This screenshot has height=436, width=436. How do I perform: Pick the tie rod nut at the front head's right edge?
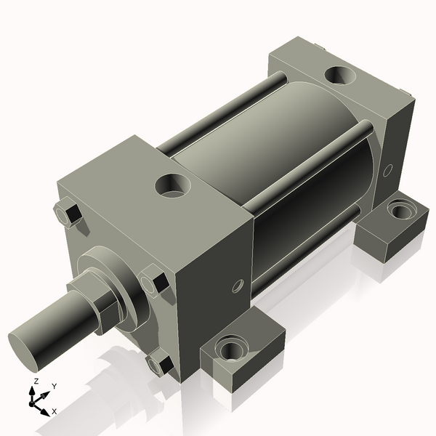[155, 282]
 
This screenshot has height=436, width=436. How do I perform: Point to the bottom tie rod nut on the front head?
[160, 363]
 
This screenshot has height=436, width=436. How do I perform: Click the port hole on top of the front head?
[173, 185]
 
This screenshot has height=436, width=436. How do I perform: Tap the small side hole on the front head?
[235, 287]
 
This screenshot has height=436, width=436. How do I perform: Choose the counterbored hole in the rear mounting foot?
[398, 211]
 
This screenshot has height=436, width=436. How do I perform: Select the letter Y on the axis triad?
[54, 387]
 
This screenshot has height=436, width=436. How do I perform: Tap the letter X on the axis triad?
[54, 411]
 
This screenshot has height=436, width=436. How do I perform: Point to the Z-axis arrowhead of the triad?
[34, 390]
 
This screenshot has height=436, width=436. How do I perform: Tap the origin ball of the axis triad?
[33, 401]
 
